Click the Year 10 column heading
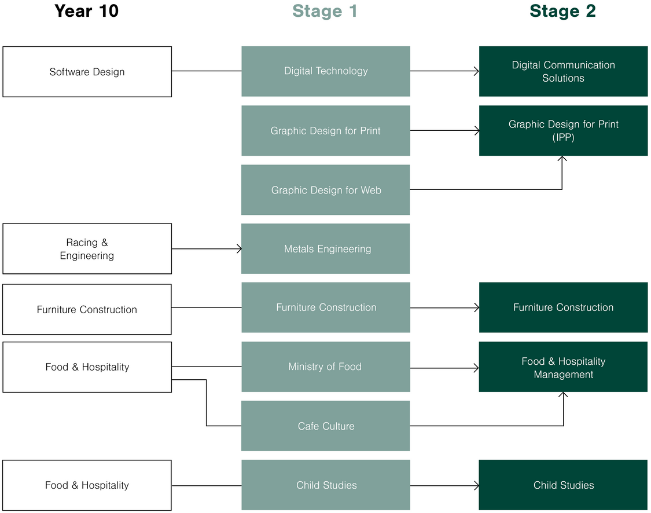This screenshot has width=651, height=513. (x=86, y=11)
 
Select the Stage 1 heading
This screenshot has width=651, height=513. (x=325, y=11)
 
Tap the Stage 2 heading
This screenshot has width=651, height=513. (x=562, y=11)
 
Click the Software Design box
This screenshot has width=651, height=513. (x=87, y=72)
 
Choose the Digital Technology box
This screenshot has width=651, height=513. (x=326, y=71)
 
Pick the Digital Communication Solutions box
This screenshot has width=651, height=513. (x=563, y=71)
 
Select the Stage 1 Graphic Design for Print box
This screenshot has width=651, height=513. (x=326, y=131)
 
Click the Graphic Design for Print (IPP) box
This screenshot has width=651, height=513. (x=563, y=131)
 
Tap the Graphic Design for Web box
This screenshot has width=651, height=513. (x=326, y=190)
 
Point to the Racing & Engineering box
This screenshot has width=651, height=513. (x=87, y=249)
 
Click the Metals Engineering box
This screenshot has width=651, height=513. (x=326, y=249)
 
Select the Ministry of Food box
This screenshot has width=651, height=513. (x=326, y=367)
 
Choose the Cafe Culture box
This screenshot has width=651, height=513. (x=326, y=426)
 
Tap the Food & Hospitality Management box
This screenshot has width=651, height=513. (x=563, y=367)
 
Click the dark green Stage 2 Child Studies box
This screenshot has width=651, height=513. (x=563, y=485)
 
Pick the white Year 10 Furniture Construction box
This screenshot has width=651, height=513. (x=87, y=309)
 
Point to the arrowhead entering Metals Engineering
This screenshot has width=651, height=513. (x=238, y=249)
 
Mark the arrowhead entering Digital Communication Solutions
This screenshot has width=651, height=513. (x=476, y=71)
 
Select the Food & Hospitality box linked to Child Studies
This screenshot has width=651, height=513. (x=87, y=485)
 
